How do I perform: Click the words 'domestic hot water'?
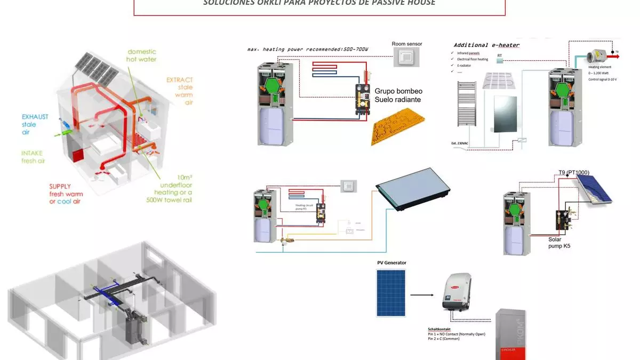coord(141,55)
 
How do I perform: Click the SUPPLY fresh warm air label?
coord(66,194)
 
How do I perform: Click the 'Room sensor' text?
coord(407,44)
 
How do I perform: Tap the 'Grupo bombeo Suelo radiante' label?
coord(398,95)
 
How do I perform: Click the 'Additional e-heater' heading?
coord(486,45)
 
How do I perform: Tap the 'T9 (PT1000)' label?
coord(573,172)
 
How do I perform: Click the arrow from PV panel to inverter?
coord(421,293)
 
